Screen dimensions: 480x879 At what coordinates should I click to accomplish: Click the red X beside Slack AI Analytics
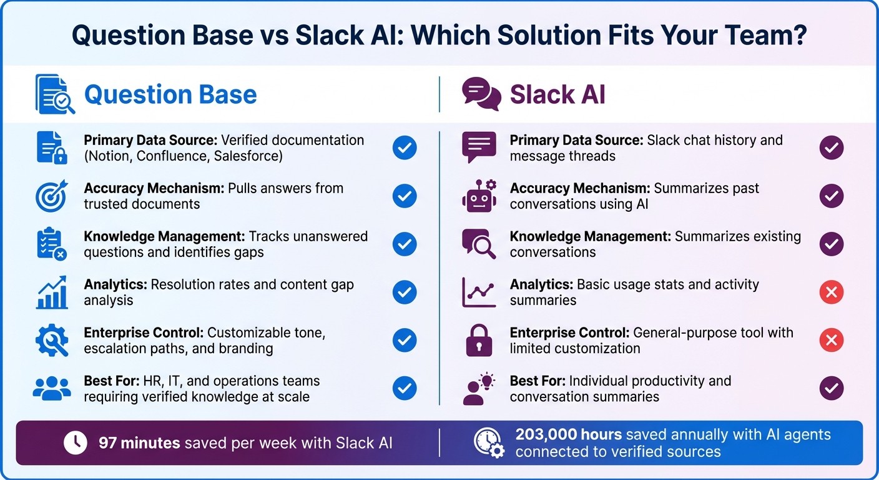(831, 292)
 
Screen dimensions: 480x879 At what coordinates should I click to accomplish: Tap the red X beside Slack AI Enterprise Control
(831, 341)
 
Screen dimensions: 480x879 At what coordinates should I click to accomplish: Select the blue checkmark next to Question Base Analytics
(405, 292)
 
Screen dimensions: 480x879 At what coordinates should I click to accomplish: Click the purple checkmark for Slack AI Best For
(831, 389)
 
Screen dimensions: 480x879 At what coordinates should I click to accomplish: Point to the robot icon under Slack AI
(479, 196)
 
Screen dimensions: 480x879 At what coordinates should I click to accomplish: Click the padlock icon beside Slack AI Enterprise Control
(479, 341)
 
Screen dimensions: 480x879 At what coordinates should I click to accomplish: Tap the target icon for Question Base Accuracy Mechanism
(51, 196)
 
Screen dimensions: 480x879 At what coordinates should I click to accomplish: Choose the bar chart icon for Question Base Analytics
(52, 292)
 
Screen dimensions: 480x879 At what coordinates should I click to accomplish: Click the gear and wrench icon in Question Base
(51, 341)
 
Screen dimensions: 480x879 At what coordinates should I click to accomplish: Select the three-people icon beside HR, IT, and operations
(52, 389)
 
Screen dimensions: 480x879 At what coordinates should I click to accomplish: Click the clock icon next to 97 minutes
(76, 443)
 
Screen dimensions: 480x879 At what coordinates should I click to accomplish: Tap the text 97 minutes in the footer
(139, 443)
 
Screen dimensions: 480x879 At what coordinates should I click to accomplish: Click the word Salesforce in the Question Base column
(248, 156)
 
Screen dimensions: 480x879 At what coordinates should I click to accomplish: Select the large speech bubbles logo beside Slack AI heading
(481, 94)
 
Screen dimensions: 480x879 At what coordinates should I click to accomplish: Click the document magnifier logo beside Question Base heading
(54, 94)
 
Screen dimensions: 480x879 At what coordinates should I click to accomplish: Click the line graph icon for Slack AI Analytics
(479, 292)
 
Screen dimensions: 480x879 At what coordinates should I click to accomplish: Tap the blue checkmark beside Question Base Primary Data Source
(405, 148)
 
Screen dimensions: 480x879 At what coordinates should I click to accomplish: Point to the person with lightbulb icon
(479, 389)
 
